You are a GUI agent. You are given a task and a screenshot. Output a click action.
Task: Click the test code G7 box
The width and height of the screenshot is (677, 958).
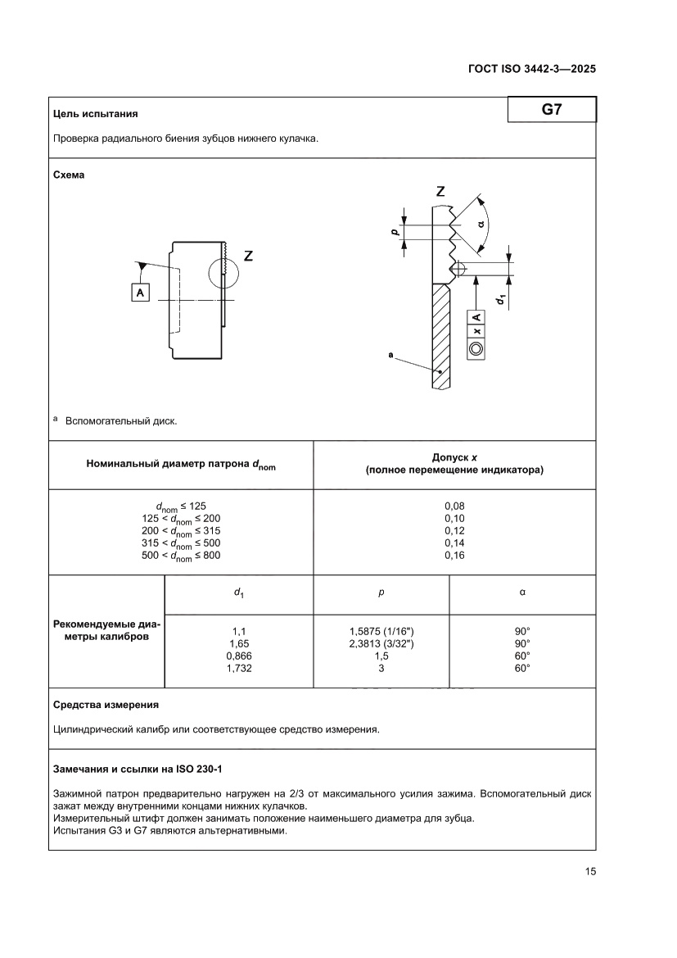tap(551, 110)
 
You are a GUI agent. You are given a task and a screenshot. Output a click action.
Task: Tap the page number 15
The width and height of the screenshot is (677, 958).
tap(589, 871)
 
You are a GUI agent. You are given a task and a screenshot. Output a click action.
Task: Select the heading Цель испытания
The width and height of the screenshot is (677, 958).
tap(95, 114)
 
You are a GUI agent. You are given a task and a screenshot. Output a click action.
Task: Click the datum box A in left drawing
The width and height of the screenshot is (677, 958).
tap(141, 292)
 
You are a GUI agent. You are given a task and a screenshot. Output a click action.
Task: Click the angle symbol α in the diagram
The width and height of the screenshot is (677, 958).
tap(481, 223)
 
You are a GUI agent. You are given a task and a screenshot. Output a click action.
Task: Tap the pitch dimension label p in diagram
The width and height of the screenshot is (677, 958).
tap(394, 233)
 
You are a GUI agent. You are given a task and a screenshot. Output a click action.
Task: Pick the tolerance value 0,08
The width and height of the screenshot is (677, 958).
tap(454, 506)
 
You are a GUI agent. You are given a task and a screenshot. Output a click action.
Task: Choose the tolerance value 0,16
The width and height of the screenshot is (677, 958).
tap(454, 556)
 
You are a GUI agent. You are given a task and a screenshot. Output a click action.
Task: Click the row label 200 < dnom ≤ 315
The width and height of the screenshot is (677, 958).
tap(181, 531)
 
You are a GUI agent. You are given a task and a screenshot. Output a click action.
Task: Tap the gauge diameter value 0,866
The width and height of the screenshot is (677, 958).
tap(239, 656)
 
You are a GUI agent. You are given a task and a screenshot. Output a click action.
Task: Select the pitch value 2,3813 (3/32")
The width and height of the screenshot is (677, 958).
tap(381, 644)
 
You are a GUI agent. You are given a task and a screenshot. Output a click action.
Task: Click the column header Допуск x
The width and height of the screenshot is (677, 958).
tap(454, 458)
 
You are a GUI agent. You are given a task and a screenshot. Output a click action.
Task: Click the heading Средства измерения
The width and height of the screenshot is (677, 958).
tap(106, 705)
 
